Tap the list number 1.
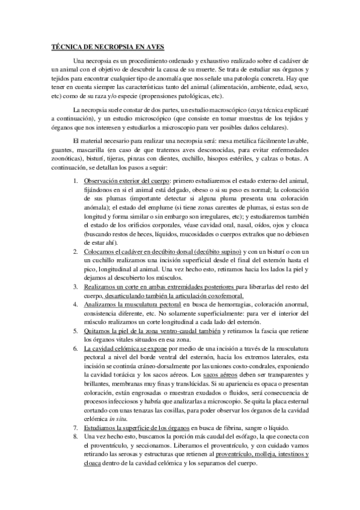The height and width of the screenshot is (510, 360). click(x=75, y=181)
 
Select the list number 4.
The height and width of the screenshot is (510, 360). click(x=75, y=305)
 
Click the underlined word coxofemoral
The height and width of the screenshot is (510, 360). click(x=223, y=296)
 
